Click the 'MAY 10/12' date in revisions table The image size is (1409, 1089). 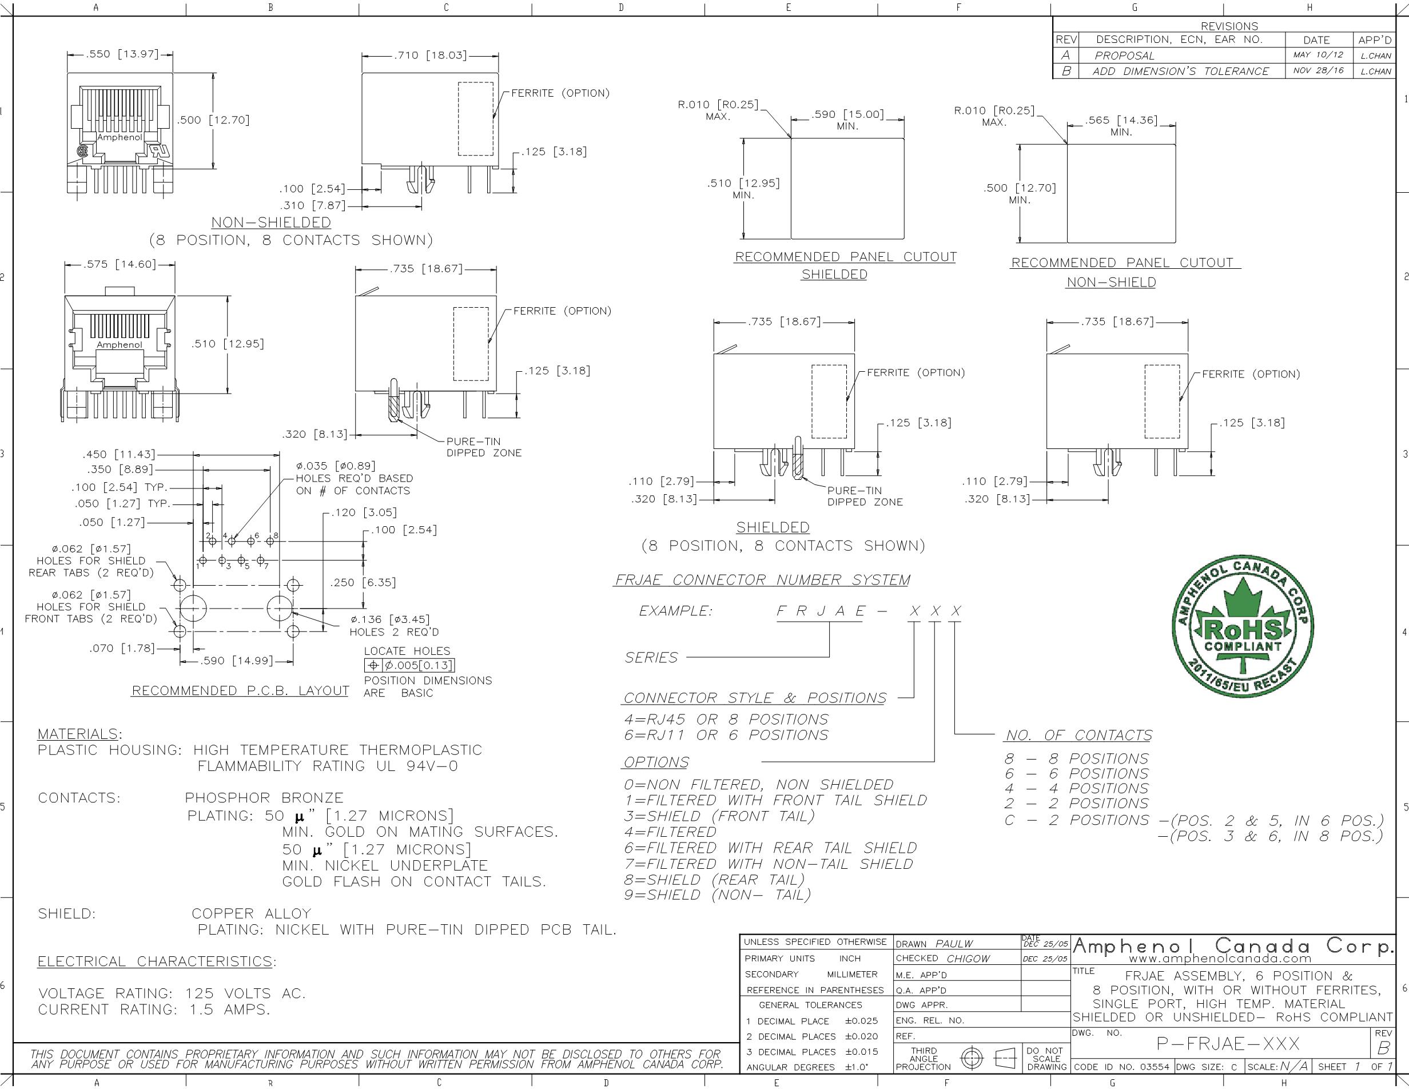click(x=1318, y=55)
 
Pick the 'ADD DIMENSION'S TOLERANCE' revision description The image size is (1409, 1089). click(x=1181, y=71)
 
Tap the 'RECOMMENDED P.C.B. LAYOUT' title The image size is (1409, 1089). click(x=240, y=690)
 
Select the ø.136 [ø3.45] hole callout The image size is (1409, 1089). click(x=389, y=619)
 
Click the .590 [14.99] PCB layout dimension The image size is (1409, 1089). click(x=236, y=661)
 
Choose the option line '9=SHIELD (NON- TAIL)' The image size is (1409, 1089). click(x=717, y=895)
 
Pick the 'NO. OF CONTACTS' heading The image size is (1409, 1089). click(x=1078, y=735)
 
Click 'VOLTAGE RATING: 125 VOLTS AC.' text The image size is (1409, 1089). click(x=172, y=993)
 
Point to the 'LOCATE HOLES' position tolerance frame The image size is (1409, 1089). click(x=409, y=665)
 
